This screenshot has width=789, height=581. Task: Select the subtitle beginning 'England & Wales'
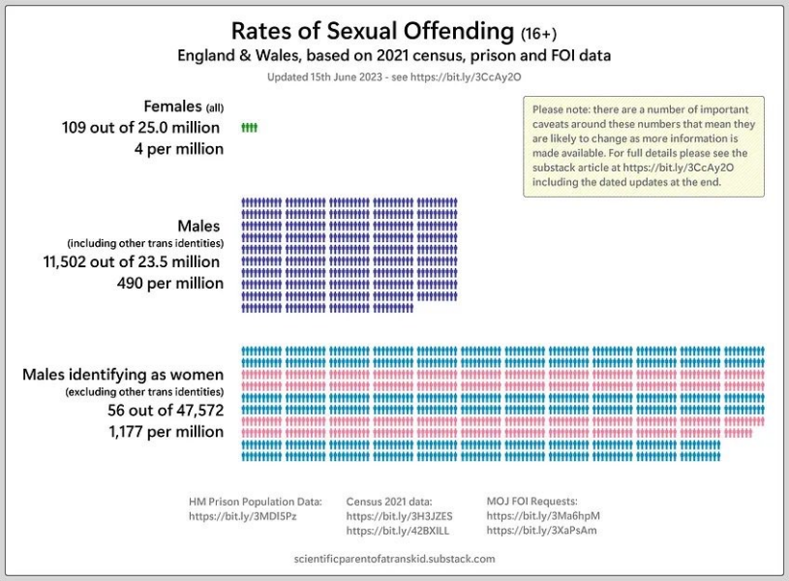[393, 55]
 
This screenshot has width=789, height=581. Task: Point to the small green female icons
[249, 128]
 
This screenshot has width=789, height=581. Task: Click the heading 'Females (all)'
[183, 106]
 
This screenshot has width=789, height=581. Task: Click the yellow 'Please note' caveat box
[643, 145]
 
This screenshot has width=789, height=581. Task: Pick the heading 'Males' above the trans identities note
[198, 227]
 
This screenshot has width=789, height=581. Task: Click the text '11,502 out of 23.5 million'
[133, 261]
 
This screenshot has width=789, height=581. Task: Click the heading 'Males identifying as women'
[123, 374]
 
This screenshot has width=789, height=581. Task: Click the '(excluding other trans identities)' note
[144, 392]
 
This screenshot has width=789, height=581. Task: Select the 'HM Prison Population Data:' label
[255, 502]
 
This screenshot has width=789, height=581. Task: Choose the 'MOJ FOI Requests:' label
[531, 502]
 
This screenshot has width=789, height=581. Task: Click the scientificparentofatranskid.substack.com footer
[393, 559]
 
